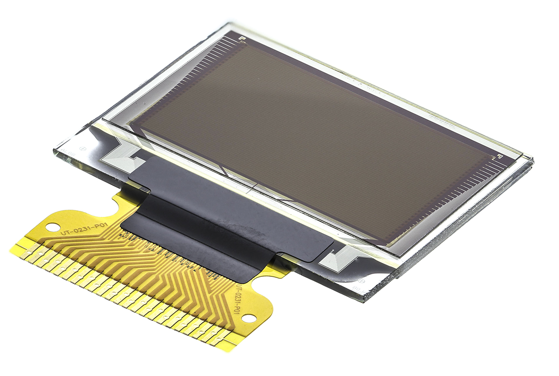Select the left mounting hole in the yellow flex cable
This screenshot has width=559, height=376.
[x=50, y=227]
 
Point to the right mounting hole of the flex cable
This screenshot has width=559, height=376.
[x=249, y=318]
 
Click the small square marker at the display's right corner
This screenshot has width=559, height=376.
[x=499, y=156]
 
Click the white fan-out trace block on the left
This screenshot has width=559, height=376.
[x=122, y=157]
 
